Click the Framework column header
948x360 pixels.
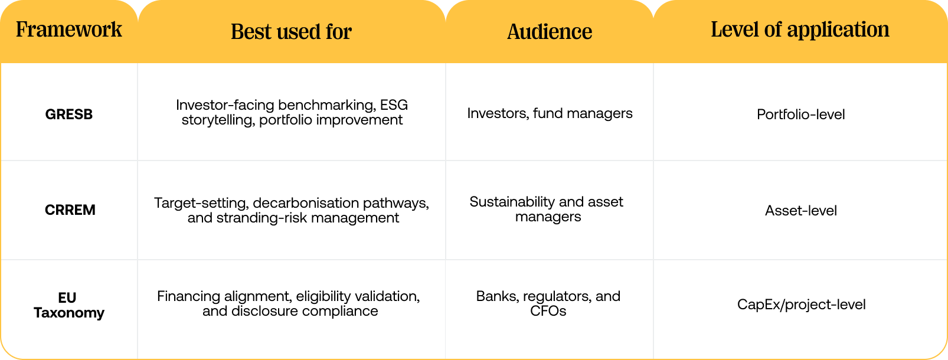click(69, 30)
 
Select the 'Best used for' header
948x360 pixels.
click(291, 32)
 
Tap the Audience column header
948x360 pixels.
click(550, 32)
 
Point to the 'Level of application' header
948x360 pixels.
click(800, 30)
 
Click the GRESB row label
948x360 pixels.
click(69, 114)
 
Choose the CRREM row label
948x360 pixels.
click(70, 210)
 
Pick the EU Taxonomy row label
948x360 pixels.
click(68, 305)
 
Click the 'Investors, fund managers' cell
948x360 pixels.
click(550, 113)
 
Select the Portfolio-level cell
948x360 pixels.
click(800, 114)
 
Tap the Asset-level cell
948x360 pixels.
click(800, 211)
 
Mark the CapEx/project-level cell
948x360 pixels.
click(801, 305)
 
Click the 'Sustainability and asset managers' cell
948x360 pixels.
click(547, 210)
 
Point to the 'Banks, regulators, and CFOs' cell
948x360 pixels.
click(548, 303)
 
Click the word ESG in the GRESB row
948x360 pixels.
click(394, 105)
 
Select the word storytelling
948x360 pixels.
click(218, 120)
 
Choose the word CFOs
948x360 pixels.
click(548, 311)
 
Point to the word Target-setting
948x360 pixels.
click(200, 203)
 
